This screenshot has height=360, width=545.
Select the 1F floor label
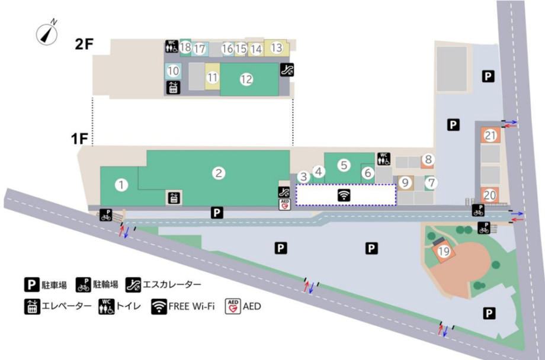[x=79, y=140]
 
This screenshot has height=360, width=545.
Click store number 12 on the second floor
[x=246, y=80]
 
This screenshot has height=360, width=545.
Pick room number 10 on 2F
[x=173, y=70]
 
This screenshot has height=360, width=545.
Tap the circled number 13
[x=277, y=47]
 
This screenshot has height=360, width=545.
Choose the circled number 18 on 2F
[x=185, y=47]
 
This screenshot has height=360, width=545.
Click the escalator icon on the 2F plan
[x=286, y=69]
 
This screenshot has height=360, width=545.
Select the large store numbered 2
[x=219, y=173]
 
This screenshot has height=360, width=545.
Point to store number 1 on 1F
[x=122, y=185]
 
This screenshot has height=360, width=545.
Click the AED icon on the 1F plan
[x=284, y=204]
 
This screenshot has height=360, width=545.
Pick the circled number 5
[x=344, y=163]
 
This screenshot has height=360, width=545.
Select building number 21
[x=490, y=136]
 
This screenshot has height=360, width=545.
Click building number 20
[x=490, y=194]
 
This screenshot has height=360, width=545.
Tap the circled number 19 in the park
[x=444, y=251]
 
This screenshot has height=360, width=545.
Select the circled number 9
[x=405, y=183]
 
